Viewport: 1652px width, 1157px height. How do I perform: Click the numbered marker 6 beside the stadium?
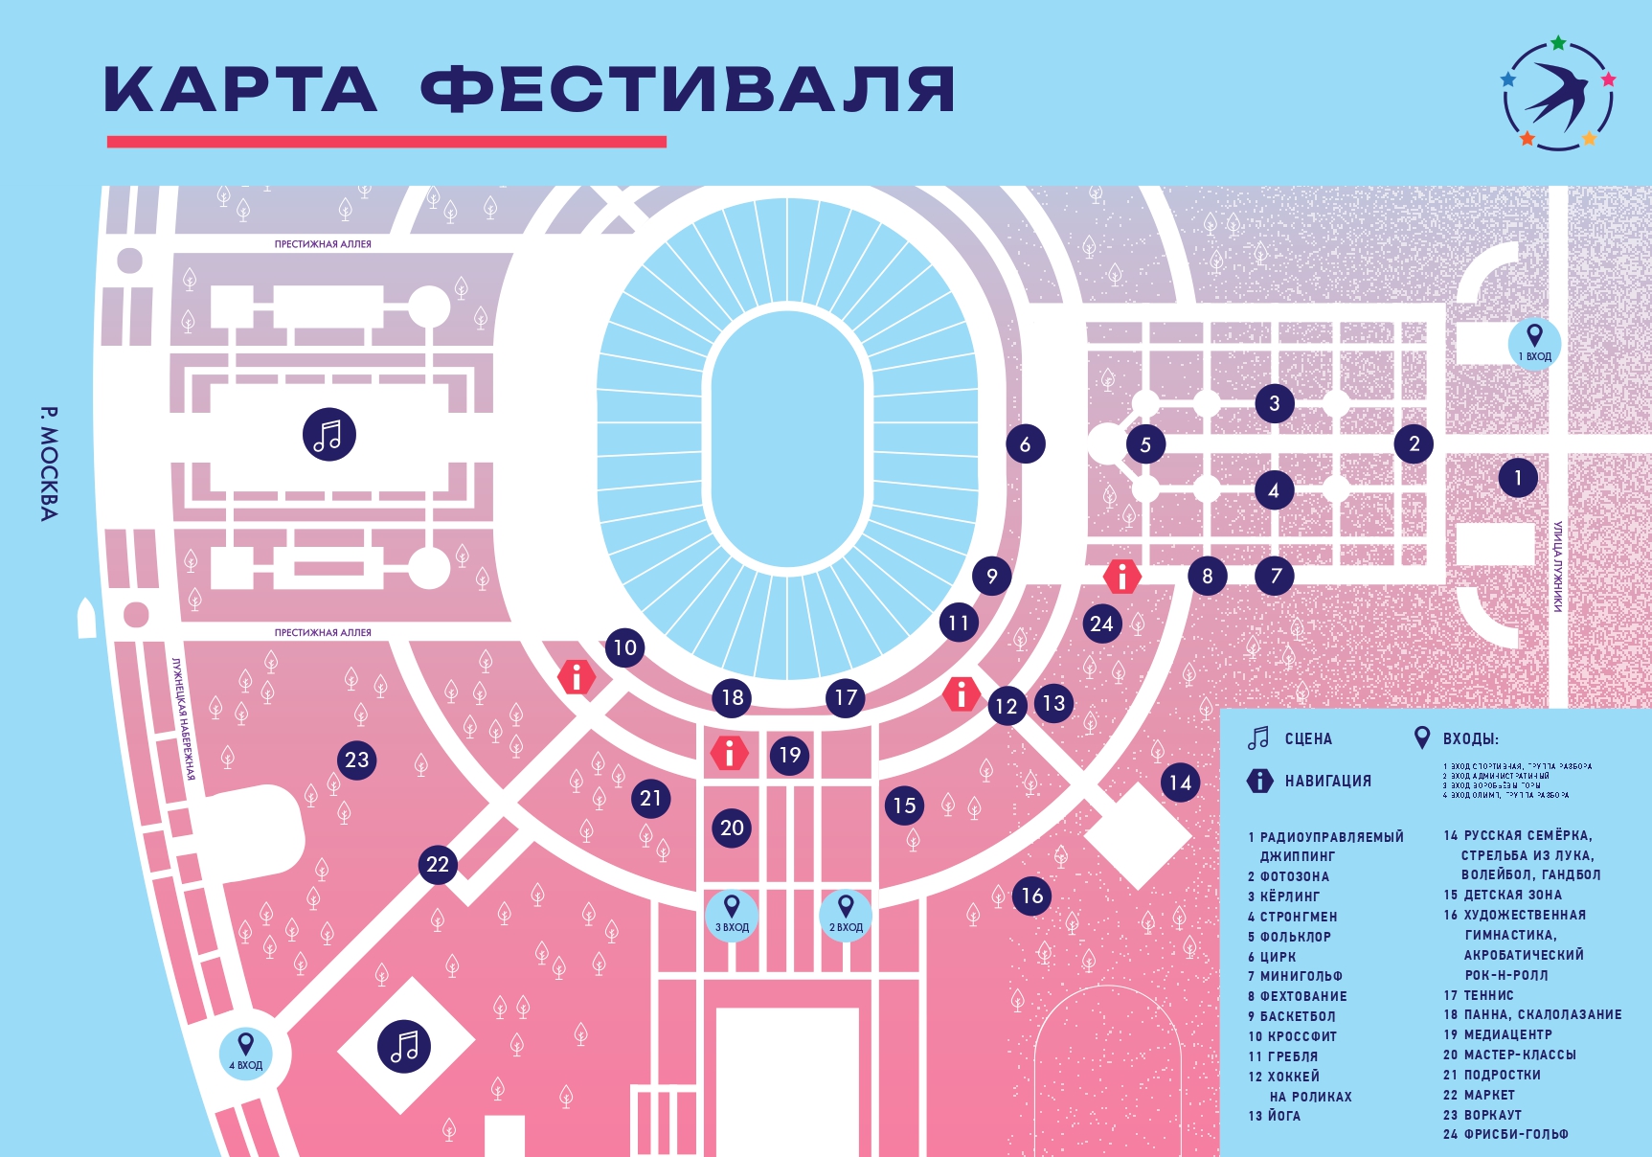[x=1025, y=443]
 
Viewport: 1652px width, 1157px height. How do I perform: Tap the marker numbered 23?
[x=357, y=760]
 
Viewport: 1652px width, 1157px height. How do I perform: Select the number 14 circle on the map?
[x=1180, y=783]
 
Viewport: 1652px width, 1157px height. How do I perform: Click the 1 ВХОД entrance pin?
[x=1534, y=342]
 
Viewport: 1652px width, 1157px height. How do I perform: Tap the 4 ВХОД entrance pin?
[x=246, y=1052]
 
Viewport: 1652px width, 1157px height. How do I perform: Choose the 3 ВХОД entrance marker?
[x=732, y=914]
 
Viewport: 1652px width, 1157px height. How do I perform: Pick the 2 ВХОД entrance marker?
[x=846, y=914]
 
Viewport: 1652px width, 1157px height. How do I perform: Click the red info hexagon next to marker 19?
[x=730, y=753]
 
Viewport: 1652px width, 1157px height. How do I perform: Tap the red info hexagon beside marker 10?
[x=577, y=677]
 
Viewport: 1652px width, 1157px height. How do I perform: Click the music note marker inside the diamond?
[x=404, y=1046]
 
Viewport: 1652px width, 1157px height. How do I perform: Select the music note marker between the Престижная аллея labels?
[x=329, y=435]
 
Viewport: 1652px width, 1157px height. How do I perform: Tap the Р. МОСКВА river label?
[x=49, y=464]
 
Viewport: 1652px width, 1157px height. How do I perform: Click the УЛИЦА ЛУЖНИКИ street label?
[x=1558, y=566]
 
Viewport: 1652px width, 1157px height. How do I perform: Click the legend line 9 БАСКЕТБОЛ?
[x=1291, y=1015]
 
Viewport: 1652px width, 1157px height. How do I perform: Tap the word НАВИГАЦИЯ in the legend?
[x=1327, y=781]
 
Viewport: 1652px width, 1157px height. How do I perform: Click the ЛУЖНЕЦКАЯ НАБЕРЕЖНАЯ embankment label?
[x=183, y=718]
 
